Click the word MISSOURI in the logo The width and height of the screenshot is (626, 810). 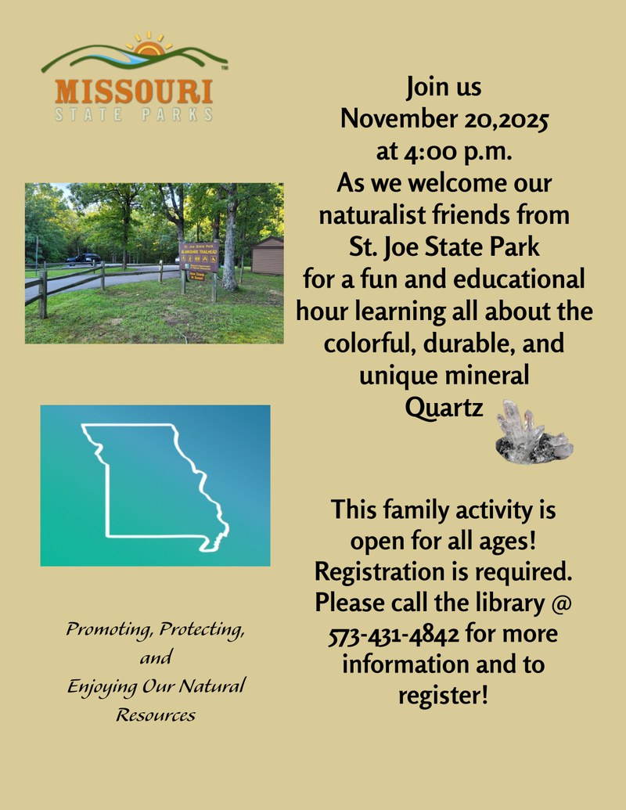[x=134, y=91]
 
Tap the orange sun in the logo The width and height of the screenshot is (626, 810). [x=146, y=52]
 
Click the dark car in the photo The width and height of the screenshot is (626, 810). [x=83, y=258]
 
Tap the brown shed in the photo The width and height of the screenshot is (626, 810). [x=268, y=255]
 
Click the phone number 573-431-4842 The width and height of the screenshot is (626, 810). [x=394, y=632]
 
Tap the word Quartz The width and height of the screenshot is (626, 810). [x=444, y=407]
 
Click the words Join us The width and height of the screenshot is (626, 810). [x=444, y=87]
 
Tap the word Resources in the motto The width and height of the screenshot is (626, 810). [x=156, y=715]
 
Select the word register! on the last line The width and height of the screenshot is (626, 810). [x=443, y=694]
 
